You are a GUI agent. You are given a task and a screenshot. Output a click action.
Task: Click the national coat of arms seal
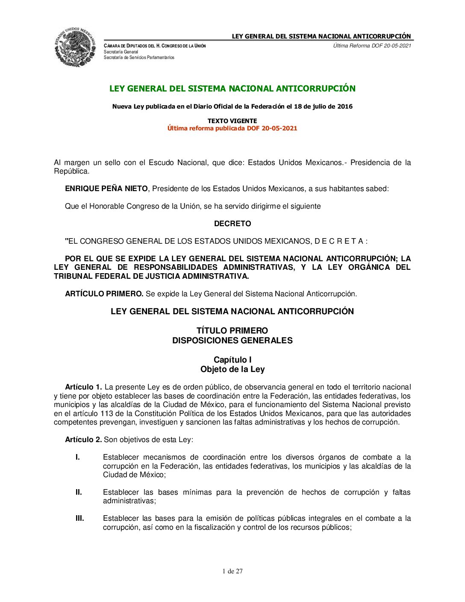point(75,47)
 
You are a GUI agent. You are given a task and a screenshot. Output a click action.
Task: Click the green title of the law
point(232,89)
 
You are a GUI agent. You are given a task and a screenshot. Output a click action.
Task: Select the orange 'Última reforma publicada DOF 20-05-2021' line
point(232,128)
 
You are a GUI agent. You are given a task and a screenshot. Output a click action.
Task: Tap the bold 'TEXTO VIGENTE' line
point(232,121)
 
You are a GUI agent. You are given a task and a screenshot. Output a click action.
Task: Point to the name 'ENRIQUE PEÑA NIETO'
point(106,189)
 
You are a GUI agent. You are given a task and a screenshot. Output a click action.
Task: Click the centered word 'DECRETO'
point(232,224)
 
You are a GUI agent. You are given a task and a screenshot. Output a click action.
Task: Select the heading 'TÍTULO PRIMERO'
point(232,331)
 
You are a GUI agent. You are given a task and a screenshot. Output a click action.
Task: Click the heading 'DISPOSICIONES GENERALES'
point(232,340)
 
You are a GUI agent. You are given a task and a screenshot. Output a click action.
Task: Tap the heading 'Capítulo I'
point(232,360)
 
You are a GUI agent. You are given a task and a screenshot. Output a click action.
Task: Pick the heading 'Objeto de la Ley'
point(232,369)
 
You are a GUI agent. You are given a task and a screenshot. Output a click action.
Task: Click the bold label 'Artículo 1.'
point(83,387)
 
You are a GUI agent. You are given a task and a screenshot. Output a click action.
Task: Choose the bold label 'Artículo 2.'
point(83,440)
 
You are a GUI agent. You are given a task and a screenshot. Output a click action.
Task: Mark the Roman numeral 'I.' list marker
point(78,457)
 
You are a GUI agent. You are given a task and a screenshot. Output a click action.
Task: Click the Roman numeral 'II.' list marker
point(79,492)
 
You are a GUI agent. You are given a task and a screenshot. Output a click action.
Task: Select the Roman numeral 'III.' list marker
point(80,518)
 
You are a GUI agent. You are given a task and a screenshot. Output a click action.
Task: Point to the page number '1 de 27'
point(232,571)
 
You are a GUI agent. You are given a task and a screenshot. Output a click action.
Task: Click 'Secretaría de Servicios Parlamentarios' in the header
point(139,57)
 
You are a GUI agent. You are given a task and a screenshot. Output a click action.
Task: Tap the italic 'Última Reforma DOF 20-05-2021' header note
point(372,46)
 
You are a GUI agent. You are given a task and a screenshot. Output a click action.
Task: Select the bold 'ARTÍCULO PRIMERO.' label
point(104,294)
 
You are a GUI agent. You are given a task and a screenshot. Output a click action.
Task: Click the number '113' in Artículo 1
point(107,413)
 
